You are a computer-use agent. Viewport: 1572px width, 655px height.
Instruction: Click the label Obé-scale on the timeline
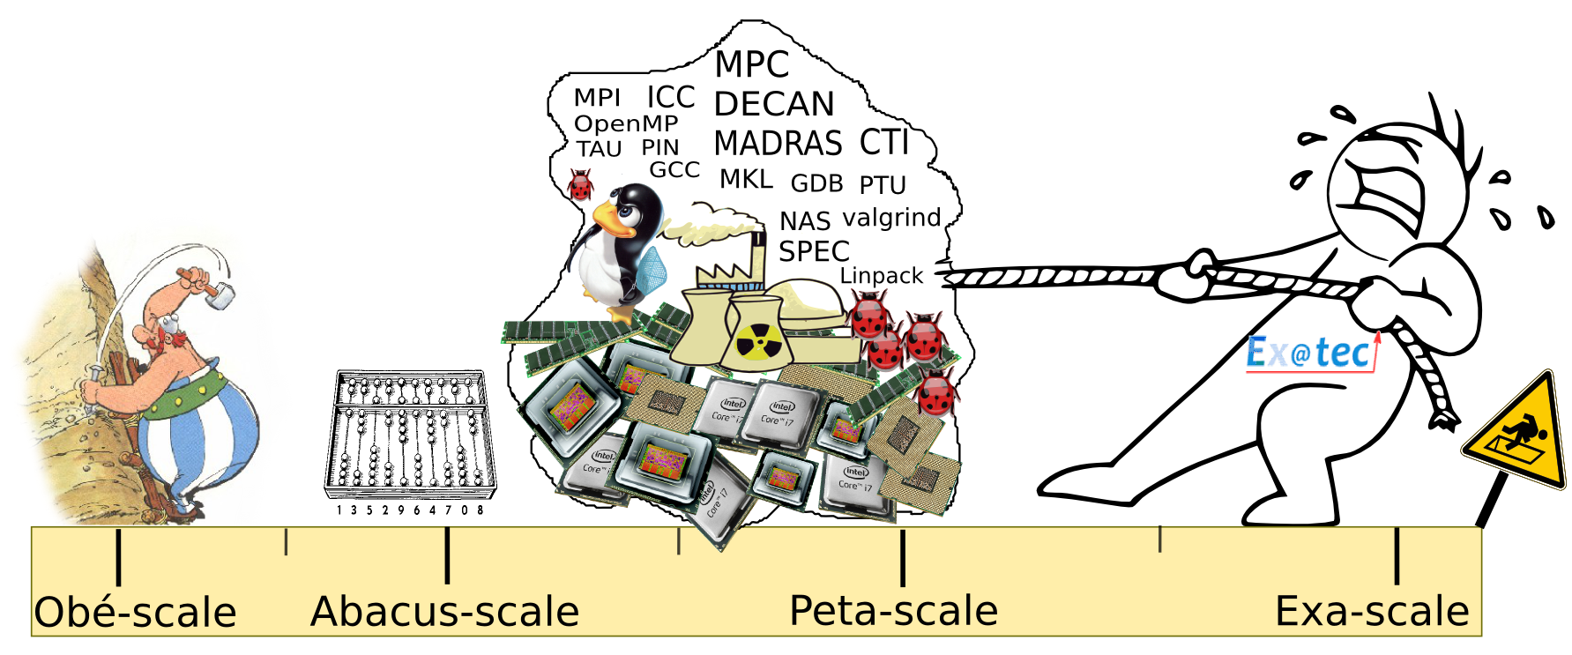tap(135, 613)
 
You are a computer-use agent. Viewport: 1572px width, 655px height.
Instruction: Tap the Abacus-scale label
tap(444, 612)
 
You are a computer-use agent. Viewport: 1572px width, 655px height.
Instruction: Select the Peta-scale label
tap(893, 611)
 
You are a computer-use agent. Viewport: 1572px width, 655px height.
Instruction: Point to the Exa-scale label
tap(1372, 612)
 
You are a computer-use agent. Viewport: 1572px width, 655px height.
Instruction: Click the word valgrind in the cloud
tap(891, 217)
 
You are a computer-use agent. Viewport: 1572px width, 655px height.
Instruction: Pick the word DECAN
tap(773, 104)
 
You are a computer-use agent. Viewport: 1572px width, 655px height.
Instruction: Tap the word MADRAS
tap(778, 143)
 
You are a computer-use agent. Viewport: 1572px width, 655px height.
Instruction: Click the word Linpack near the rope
tap(881, 276)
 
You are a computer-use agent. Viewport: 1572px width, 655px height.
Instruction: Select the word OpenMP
tap(626, 123)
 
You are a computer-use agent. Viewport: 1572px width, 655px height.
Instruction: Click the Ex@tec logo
tap(1310, 354)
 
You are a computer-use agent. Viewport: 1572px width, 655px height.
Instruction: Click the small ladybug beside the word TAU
tap(580, 185)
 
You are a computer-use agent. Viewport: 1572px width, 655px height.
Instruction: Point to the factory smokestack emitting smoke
tap(757, 256)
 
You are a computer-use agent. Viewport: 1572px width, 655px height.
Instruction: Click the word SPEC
tap(813, 251)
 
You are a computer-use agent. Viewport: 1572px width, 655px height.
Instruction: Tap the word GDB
tap(816, 183)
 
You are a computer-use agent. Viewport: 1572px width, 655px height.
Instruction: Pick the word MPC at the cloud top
tap(751, 64)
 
